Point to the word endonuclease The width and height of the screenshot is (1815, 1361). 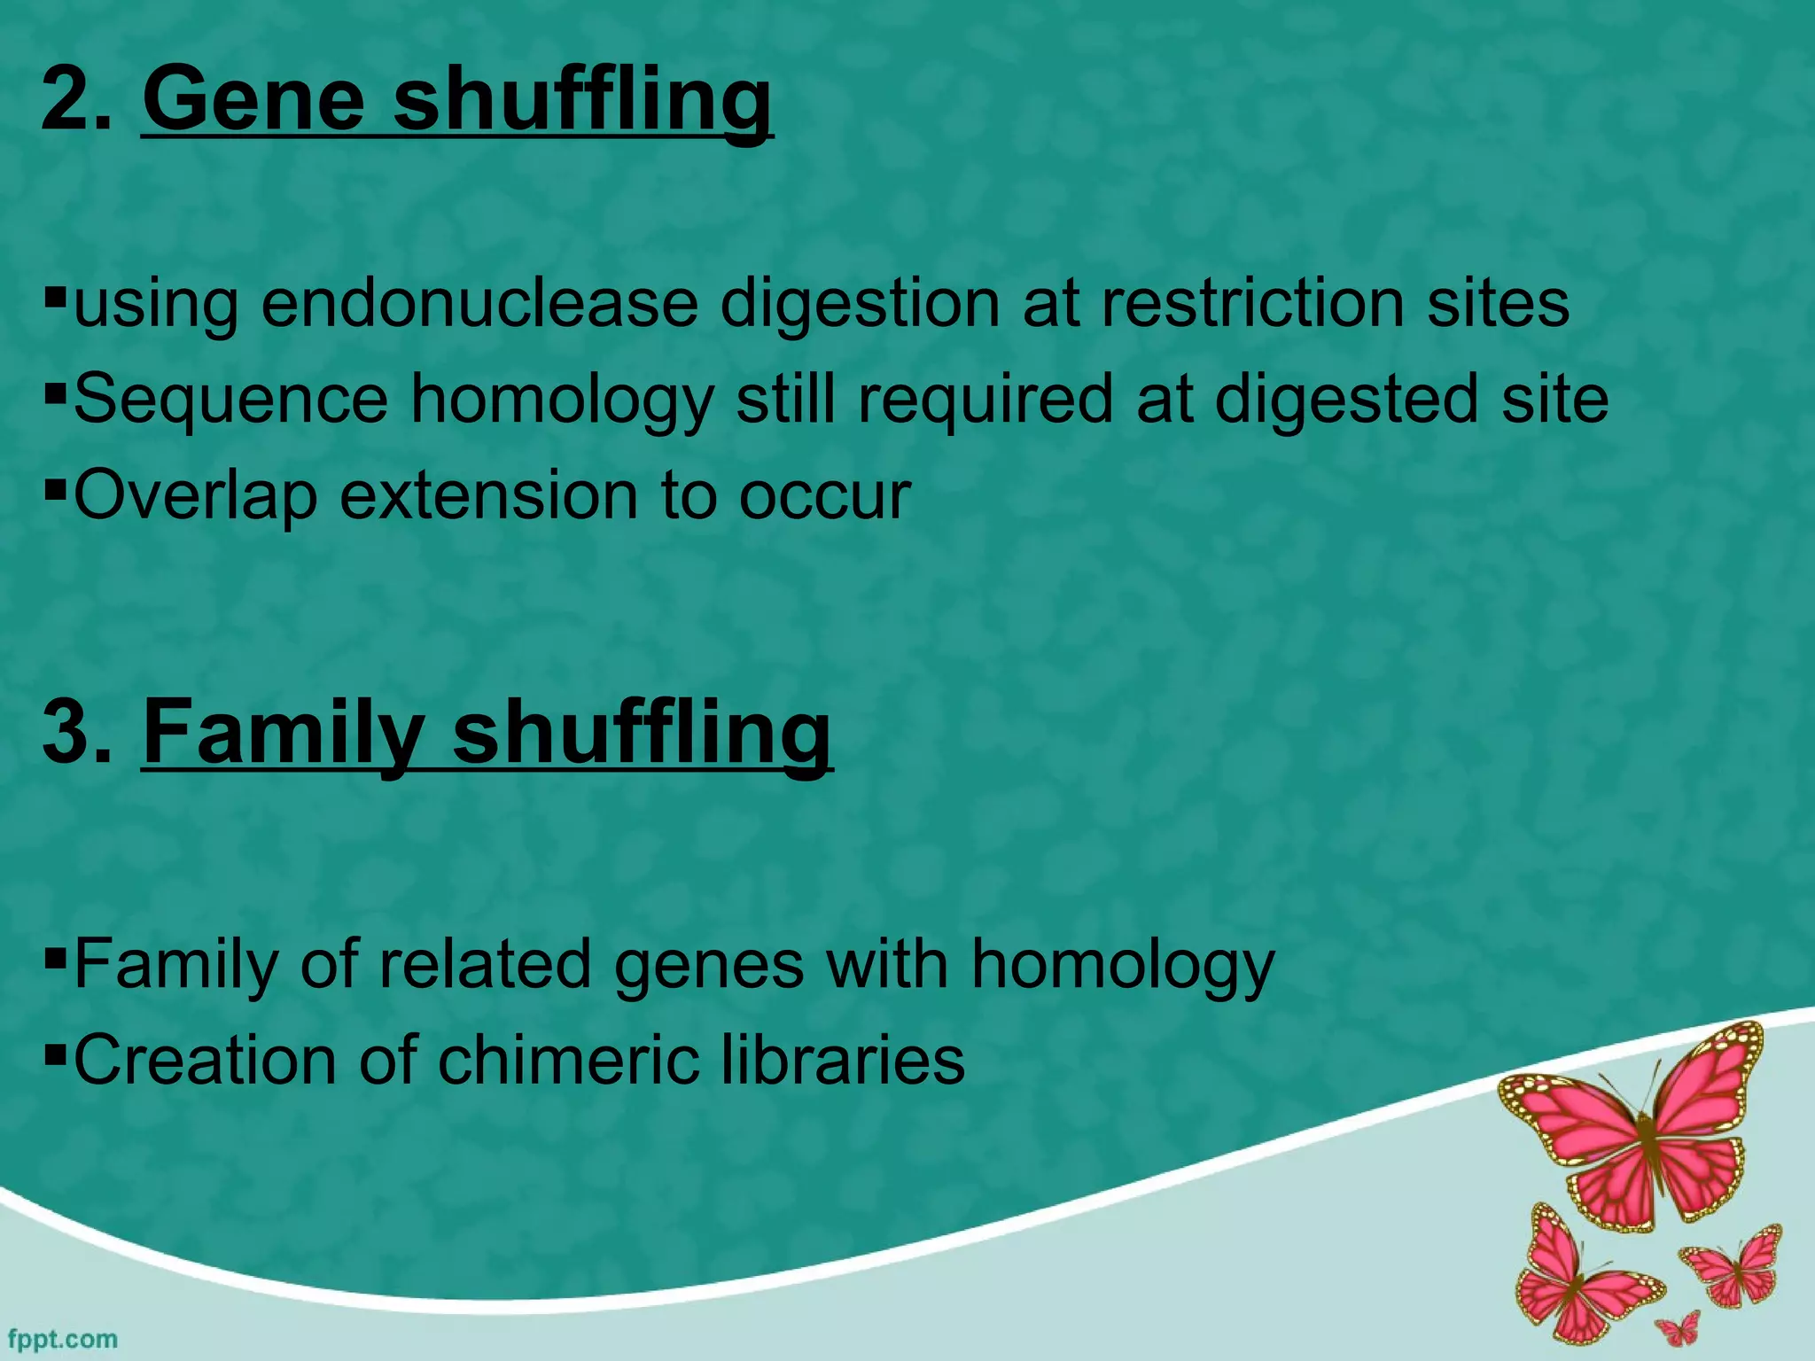pyautogui.click(x=479, y=304)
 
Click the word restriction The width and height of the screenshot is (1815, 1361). pyautogui.click(x=1253, y=304)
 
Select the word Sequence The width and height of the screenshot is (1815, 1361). pyautogui.click(x=231, y=400)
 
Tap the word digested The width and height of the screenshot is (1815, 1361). pyautogui.click(x=1346, y=400)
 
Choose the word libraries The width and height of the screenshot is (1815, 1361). pyautogui.click(x=841, y=1061)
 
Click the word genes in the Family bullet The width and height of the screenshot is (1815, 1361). pyautogui.click(x=708, y=965)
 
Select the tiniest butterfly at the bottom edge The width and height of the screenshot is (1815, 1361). pyautogui.click(x=1678, y=1329)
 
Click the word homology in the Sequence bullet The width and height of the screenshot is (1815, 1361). pyautogui.click(x=562, y=400)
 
